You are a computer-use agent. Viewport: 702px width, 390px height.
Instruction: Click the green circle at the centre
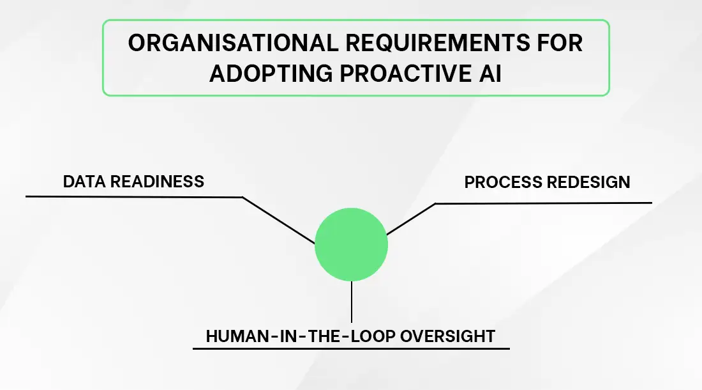(351, 245)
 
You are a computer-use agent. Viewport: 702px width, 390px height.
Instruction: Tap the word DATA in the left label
(84, 181)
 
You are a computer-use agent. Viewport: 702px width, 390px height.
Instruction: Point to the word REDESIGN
(588, 182)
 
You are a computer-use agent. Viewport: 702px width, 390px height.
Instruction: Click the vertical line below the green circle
(351, 302)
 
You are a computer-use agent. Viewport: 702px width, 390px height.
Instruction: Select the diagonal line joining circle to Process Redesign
(411, 219)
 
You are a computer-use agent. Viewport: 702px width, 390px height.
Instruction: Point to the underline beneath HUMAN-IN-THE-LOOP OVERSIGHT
(351, 348)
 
